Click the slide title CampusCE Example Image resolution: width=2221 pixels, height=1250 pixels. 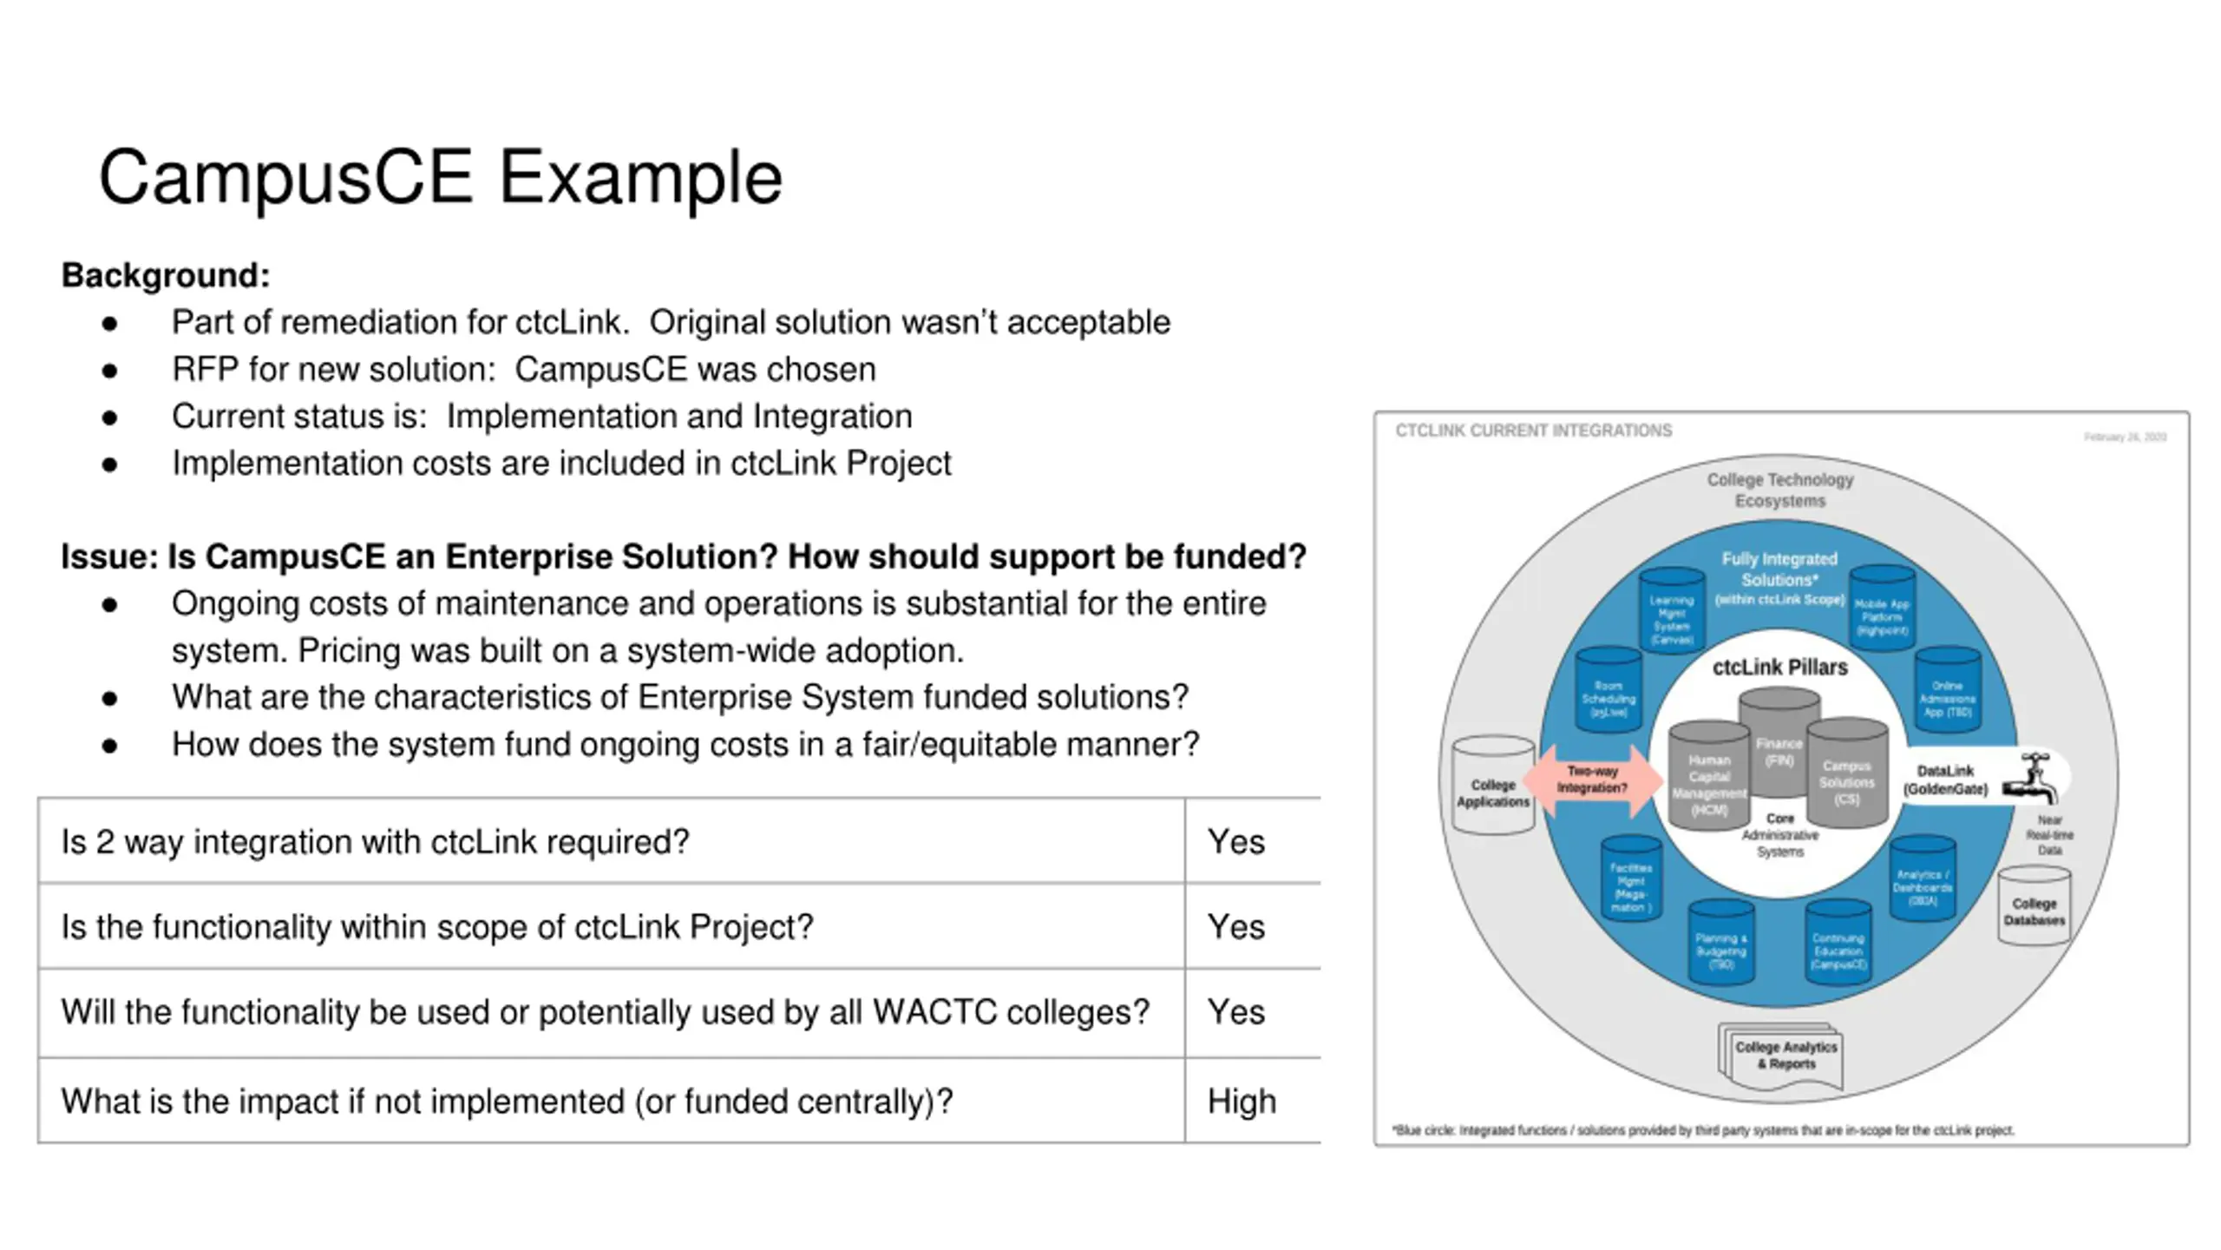coord(441,178)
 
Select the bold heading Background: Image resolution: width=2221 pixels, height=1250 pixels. coord(166,275)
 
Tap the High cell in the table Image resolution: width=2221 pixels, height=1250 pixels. coord(1242,1101)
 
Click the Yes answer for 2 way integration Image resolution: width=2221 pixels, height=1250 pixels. coord(1236,841)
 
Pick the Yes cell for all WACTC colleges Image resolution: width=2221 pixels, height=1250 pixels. coord(1236,1011)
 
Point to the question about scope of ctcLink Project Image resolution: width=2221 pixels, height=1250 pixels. coord(437,926)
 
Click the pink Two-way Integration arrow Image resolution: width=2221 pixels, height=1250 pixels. coord(1591,780)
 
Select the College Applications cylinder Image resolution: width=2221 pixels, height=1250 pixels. coord(1492,786)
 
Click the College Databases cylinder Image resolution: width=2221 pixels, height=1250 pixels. coord(2034,907)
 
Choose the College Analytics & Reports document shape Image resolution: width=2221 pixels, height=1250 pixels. coord(1782,1056)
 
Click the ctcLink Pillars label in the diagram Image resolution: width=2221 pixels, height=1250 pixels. coord(1779,667)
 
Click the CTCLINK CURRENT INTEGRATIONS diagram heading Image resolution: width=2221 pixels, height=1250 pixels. coord(1533,431)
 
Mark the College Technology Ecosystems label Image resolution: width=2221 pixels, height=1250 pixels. coord(1779,490)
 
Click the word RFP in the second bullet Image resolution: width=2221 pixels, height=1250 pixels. coord(205,369)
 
